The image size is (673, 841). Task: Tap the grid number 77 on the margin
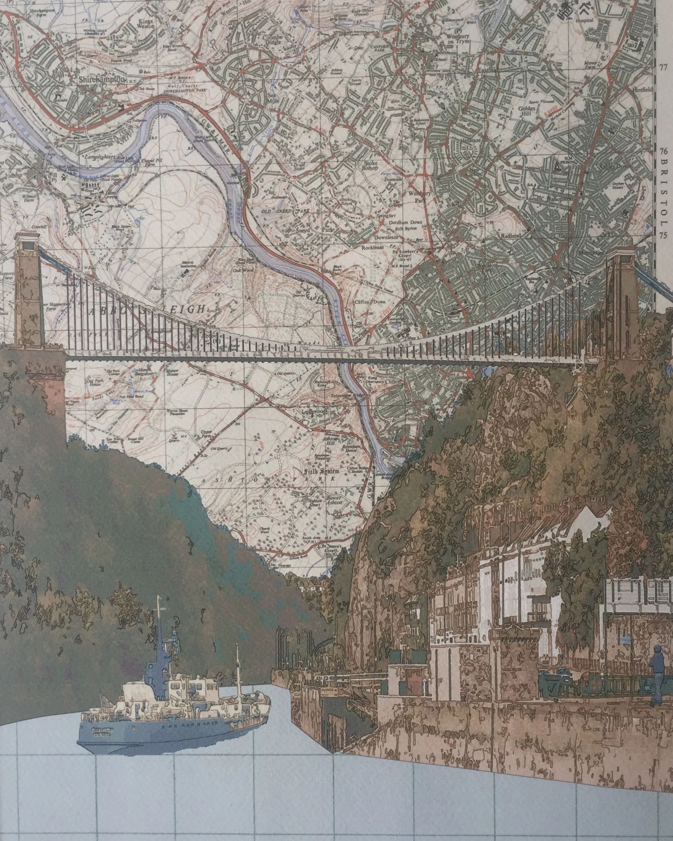click(x=662, y=67)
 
